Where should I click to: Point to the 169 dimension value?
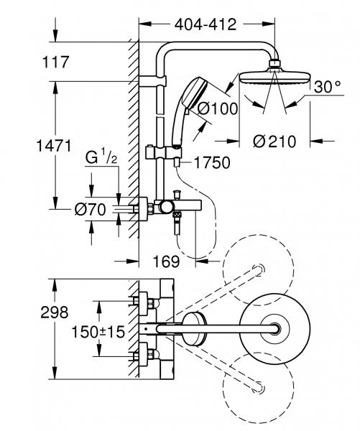coord(166,261)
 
